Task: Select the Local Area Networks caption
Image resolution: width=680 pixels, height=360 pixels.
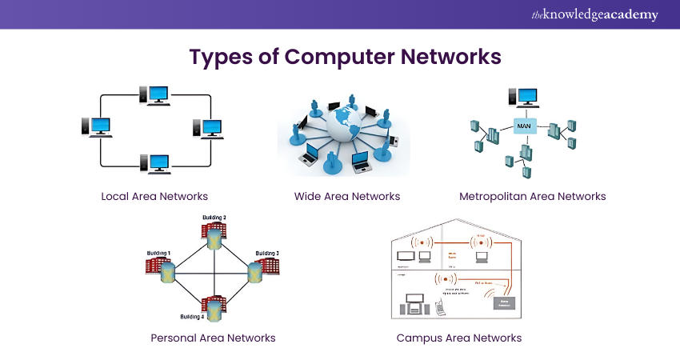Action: (x=154, y=196)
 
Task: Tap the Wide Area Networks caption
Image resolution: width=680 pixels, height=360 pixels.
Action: (x=347, y=196)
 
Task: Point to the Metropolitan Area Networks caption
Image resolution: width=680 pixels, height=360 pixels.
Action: (x=533, y=196)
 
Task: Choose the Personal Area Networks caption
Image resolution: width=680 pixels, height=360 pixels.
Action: (x=213, y=338)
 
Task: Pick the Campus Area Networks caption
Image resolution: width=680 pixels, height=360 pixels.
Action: (x=459, y=338)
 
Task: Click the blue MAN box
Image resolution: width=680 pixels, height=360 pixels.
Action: (x=525, y=126)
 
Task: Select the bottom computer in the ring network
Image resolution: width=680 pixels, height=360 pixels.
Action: (x=155, y=163)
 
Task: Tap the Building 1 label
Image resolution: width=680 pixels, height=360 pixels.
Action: (x=159, y=253)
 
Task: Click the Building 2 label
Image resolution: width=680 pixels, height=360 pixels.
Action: (x=214, y=218)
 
